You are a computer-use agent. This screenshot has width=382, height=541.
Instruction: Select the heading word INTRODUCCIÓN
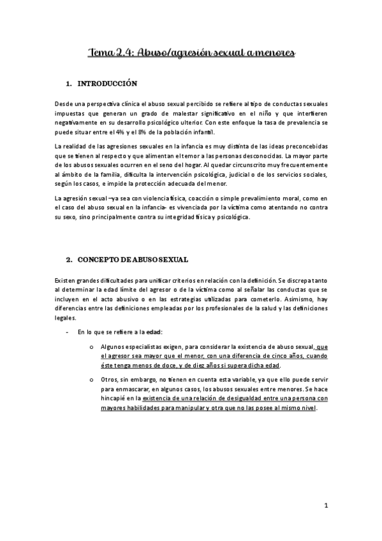(107, 84)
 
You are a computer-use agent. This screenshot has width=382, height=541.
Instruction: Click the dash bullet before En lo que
(68, 332)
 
